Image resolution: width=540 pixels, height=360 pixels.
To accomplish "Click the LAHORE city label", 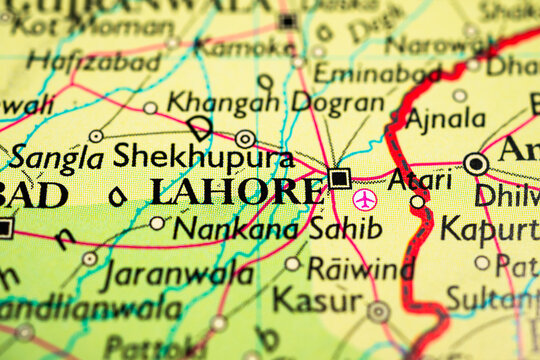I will [235, 190].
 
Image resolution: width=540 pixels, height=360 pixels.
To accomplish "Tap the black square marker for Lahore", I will [340, 179].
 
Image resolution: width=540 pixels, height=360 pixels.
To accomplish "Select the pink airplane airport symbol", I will [365, 200].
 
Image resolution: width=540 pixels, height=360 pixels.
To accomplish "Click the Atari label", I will [419, 180].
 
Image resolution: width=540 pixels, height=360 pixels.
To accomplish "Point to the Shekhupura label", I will [203, 156].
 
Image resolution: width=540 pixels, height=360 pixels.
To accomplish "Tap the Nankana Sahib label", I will [277, 229].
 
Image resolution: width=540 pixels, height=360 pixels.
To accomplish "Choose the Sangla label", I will [57, 157].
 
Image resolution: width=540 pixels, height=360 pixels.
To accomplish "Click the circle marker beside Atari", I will [417, 201].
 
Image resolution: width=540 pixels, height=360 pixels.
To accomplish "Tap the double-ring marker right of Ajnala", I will [477, 163].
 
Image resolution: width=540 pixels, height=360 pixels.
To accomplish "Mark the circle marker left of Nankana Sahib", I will [157, 223].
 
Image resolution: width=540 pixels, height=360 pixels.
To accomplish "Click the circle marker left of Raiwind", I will [292, 264].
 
